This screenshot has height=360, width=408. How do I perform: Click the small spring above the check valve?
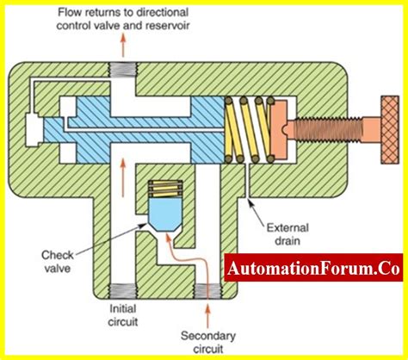[x=165, y=185]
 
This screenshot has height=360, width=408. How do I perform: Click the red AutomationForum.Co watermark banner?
[x=313, y=270]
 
